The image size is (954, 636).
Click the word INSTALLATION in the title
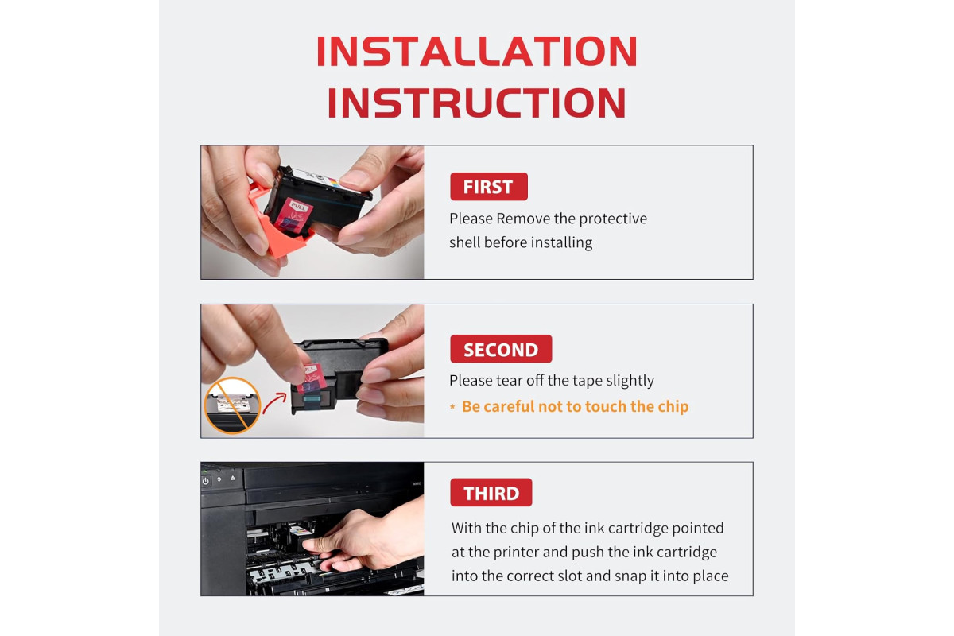[476, 51]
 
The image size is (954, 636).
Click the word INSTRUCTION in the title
[476, 103]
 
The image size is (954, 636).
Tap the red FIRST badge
[488, 187]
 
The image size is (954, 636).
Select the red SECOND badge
[501, 349]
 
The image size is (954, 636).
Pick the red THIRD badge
[491, 492]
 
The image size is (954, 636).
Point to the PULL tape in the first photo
[294, 215]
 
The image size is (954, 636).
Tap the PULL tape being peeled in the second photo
[312, 378]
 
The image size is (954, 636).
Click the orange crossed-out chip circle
[232, 405]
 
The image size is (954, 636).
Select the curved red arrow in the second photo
[273, 402]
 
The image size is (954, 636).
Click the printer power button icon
[206, 481]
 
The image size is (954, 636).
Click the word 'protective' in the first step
[613, 219]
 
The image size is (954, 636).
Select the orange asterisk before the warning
[452, 407]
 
